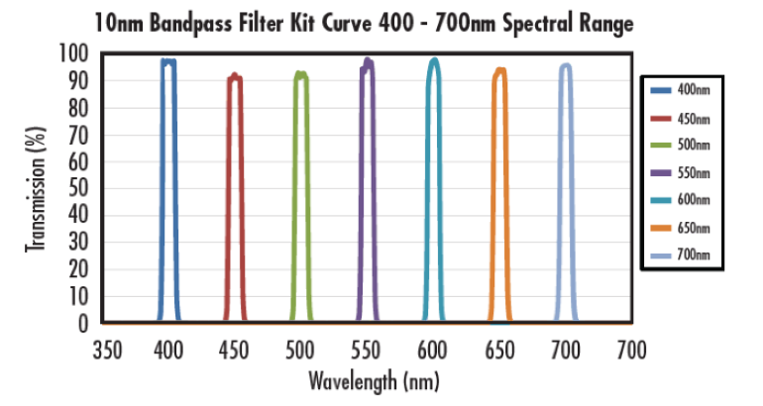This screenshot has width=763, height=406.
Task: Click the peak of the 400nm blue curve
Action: click(x=168, y=61)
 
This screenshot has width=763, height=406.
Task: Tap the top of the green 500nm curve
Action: click(x=300, y=74)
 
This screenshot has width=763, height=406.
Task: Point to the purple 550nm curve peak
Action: click(x=368, y=61)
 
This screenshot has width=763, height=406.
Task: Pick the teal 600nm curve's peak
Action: click(x=433, y=60)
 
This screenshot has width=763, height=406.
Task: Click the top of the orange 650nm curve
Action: click(x=499, y=70)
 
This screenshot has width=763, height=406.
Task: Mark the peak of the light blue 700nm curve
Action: click(x=566, y=66)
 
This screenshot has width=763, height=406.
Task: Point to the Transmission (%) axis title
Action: click(x=34, y=188)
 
